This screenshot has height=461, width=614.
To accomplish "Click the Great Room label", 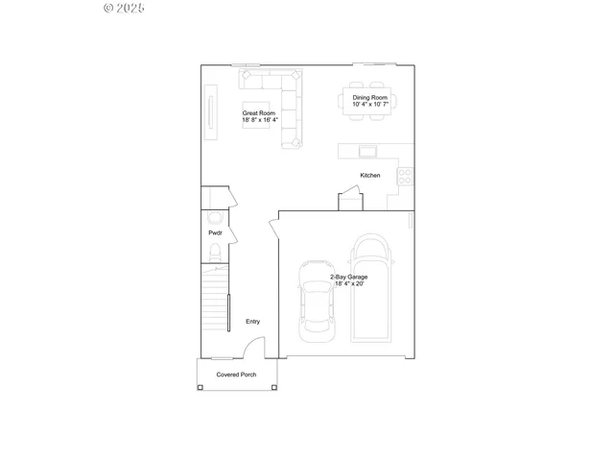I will [259, 117].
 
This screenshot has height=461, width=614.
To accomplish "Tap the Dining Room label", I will [369, 101].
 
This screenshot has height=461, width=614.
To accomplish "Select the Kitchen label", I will [370, 175].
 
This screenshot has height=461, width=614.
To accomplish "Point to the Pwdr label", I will [215, 233].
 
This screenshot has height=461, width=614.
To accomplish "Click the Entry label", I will [252, 322].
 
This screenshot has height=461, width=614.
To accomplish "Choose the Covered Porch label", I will [236, 375].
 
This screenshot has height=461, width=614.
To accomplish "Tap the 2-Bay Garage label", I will [348, 280].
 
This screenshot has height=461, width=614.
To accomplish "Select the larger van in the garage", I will [370, 288].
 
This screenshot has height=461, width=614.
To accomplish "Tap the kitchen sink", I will [368, 151].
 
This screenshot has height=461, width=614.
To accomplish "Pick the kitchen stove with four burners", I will [406, 177].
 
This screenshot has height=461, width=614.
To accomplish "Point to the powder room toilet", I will [215, 254].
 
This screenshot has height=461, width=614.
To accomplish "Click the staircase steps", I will [214, 303].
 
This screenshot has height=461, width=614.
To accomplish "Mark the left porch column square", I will [201, 387].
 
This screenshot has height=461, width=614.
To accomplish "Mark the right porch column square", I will [274, 387].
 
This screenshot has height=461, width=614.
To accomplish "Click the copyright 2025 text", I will [123, 8].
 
